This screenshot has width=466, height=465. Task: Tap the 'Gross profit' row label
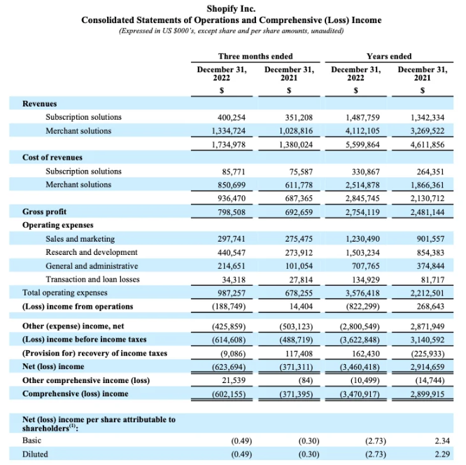pyautogui.click(x=44, y=211)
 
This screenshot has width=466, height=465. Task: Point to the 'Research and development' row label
pyautogui.click(x=92, y=252)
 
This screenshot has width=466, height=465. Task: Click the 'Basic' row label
pyautogui.click(x=31, y=440)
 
